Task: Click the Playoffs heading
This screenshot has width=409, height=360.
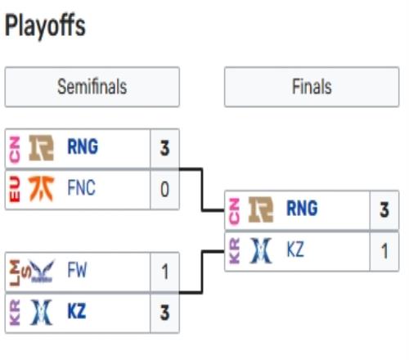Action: click(x=45, y=26)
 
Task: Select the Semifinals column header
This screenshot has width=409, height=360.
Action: click(x=92, y=87)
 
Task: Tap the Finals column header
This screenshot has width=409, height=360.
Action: click(x=312, y=87)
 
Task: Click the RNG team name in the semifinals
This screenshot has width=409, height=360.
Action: click(x=83, y=146)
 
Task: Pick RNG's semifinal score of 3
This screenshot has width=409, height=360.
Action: click(x=164, y=148)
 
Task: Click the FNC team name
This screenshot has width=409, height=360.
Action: click(x=82, y=187)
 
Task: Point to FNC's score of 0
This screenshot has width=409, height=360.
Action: click(x=164, y=189)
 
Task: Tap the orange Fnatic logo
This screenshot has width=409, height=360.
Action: click(x=42, y=189)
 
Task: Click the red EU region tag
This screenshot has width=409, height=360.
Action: click(x=15, y=189)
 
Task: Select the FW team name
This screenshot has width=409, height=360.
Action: click(x=77, y=270)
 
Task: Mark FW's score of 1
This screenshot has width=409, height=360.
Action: click(x=164, y=272)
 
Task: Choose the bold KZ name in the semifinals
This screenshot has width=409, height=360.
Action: click(x=77, y=311)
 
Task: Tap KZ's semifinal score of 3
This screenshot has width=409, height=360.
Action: click(x=164, y=313)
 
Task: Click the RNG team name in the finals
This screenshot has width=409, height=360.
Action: click(x=302, y=209)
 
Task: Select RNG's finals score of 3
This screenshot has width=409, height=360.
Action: click(x=384, y=210)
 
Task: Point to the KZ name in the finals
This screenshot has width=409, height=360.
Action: click(x=295, y=250)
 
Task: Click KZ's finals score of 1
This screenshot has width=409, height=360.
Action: click(x=384, y=251)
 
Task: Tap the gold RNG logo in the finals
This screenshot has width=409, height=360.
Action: click(x=261, y=209)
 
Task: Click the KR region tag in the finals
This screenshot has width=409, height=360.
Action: click(x=235, y=251)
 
